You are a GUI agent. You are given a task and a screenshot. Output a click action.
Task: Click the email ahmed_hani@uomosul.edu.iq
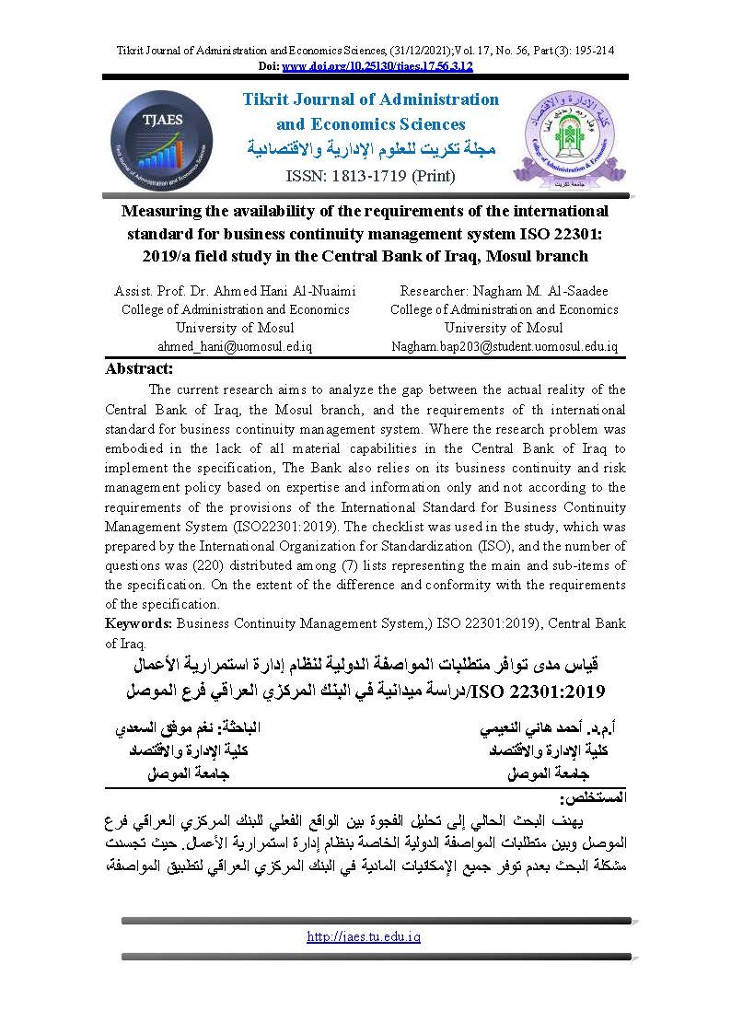point(236,346)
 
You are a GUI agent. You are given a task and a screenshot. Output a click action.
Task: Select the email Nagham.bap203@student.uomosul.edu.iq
point(504,346)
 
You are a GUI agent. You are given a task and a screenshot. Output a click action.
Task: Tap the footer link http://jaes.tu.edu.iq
point(364,936)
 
